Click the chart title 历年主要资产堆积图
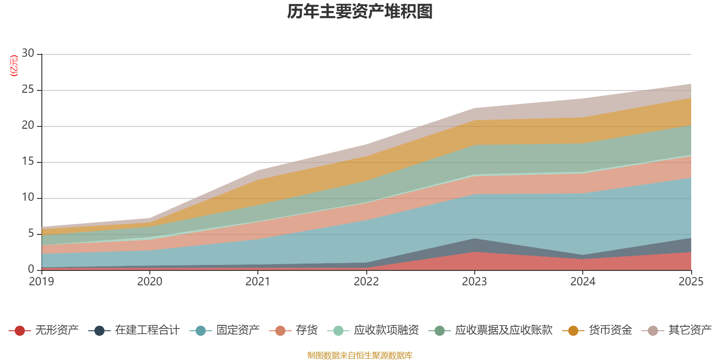[360, 12]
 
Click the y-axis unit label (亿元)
[14, 66]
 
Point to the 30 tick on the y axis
[28, 54]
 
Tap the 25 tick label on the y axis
[28, 90]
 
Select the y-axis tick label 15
[28, 162]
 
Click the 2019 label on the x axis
[41, 282]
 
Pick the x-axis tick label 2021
[258, 282]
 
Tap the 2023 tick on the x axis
[474, 282]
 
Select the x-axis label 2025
[691, 282]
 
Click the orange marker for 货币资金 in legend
[573, 331]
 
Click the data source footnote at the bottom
[360, 355]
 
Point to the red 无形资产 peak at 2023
[474, 252]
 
